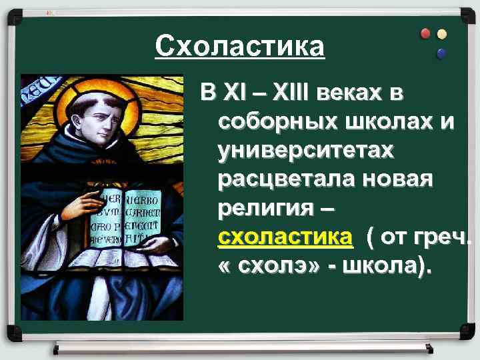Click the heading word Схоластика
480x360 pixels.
(240, 47)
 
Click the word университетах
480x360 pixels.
(306, 151)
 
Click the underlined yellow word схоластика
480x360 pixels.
(285, 237)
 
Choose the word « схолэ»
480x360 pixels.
(267, 266)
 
